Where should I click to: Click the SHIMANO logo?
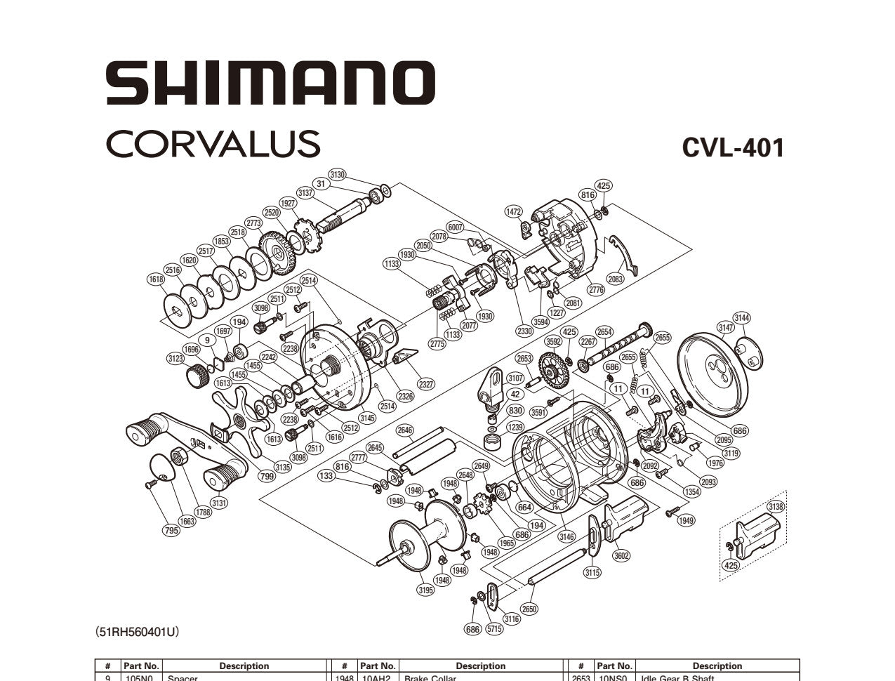click(270, 84)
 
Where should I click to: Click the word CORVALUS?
click(213, 143)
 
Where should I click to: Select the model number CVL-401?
click(732, 147)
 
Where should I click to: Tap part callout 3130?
click(338, 174)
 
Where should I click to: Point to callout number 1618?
click(156, 279)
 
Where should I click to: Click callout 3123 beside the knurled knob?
click(176, 359)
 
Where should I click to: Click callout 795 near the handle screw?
click(171, 531)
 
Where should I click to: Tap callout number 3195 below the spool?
click(425, 590)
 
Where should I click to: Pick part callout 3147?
click(726, 327)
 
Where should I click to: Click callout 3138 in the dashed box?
click(776, 506)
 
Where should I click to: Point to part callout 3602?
click(621, 556)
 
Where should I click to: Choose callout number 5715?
click(494, 629)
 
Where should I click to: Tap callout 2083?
click(616, 279)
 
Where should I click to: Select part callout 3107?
click(515, 378)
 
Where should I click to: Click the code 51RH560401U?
click(137, 632)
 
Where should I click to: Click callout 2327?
click(425, 384)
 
